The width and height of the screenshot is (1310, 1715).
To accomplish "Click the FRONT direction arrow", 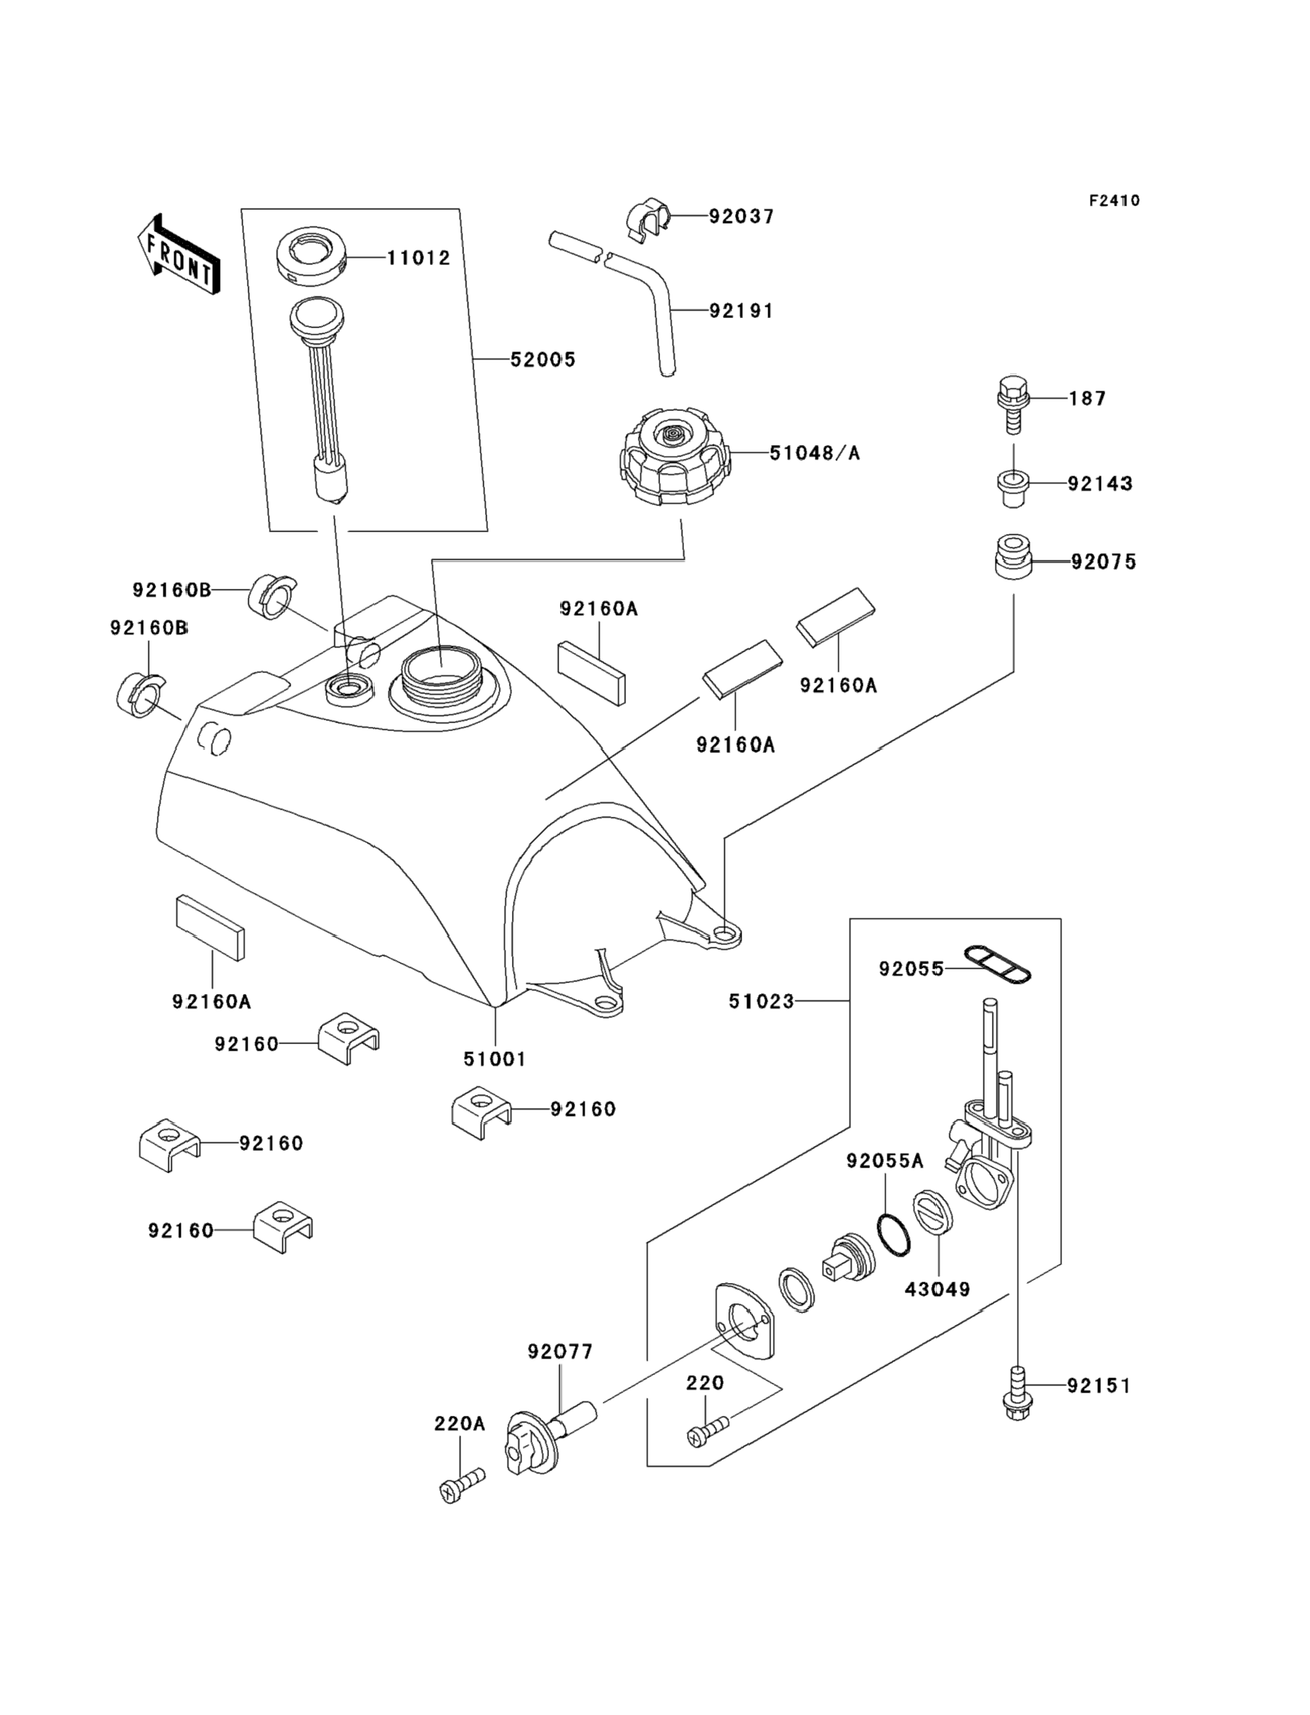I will (177, 255).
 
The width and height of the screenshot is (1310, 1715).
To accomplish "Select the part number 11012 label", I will (419, 258).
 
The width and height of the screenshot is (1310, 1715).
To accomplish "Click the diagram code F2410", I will (1114, 200).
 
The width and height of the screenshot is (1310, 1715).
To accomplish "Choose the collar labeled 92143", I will (1013, 488).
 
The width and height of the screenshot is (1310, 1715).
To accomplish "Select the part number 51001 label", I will (495, 1059).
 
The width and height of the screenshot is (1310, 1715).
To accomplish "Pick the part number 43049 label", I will (937, 1290).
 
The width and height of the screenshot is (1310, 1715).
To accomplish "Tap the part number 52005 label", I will (542, 359).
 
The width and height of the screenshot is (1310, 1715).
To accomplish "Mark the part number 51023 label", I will (761, 1001).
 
